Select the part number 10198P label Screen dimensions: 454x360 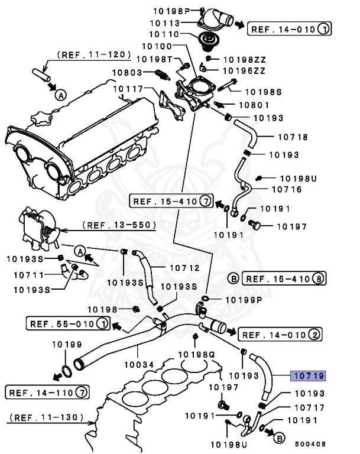point(172,11)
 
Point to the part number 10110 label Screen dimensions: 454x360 point(164,34)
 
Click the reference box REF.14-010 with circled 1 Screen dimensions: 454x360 point(289,28)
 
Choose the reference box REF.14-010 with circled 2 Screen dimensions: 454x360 point(280,335)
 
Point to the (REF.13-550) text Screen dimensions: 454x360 point(119,225)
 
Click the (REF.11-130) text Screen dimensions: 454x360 point(45,417)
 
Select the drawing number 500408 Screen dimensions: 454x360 point(310,443)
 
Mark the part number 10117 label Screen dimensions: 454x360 point(128,89)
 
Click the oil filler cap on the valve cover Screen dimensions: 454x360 point(40,116)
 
